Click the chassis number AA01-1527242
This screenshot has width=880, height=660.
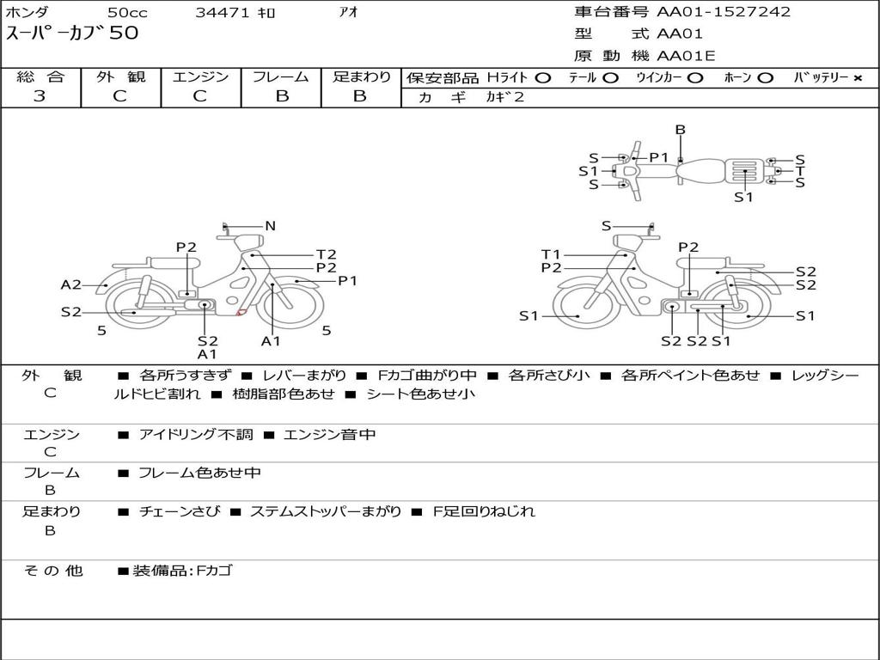[724, 12]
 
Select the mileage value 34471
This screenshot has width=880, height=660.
[222, 12]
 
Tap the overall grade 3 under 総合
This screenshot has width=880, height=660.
[40, 96]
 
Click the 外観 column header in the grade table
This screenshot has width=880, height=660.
[120, 76]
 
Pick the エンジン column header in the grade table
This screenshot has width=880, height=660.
[200, 76]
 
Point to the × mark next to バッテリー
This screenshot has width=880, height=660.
[858, 78]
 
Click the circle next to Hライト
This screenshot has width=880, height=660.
[543, 78]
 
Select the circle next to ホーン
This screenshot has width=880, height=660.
[766, 78]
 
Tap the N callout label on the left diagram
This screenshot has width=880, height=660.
[271, 226]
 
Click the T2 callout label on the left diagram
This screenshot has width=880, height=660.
[326, 254]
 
